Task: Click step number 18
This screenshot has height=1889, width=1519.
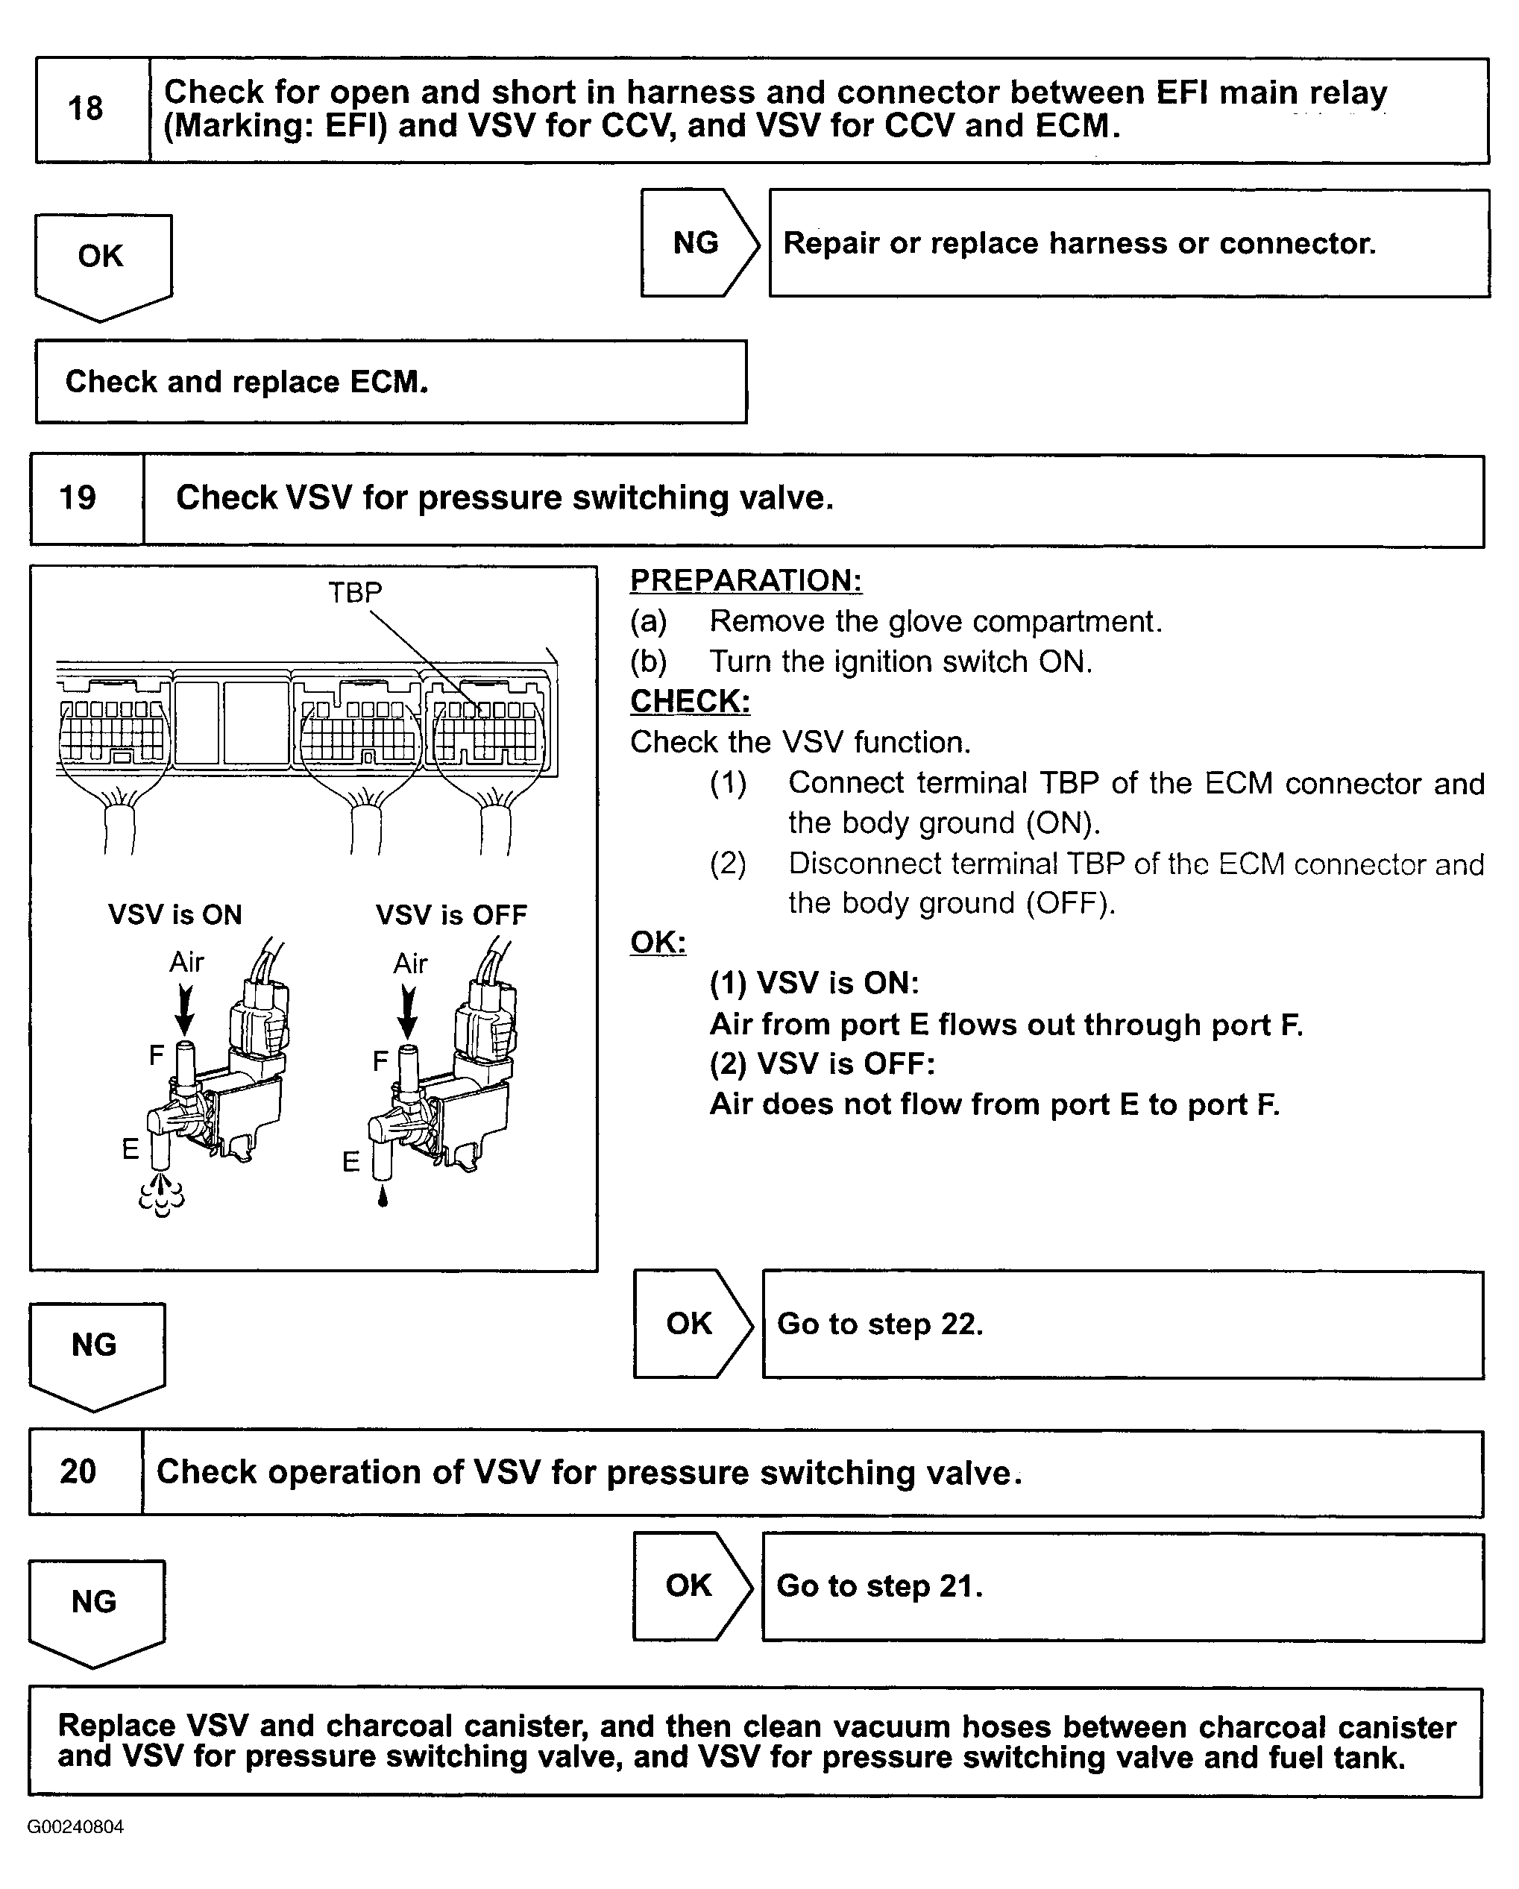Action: (85, 109)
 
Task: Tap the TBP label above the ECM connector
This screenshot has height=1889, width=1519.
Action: (355, 592)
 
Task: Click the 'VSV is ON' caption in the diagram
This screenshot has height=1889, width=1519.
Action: (174, 915)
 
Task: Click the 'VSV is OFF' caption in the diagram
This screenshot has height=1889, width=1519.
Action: (451, 915)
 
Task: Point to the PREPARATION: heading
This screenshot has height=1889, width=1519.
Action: (746, 580)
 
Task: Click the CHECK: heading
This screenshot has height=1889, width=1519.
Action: (690, 701)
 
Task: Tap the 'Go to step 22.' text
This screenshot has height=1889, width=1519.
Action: (879, 1323)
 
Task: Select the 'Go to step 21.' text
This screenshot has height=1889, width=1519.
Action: (879, 1585)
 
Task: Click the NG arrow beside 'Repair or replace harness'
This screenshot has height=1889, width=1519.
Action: (697, 242)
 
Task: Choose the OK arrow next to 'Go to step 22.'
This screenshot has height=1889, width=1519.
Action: (691, 1323)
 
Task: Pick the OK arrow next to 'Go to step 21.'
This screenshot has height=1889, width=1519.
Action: (691, 1585)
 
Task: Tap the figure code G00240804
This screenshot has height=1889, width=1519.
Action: (75, 1827)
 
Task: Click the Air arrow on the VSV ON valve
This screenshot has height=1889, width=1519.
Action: (185, 1008)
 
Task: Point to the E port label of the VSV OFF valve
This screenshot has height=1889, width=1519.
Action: (350, 1162)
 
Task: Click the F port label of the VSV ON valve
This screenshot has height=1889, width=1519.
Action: (156, 1055)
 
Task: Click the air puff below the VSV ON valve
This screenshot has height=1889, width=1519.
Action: (162, 1196)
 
